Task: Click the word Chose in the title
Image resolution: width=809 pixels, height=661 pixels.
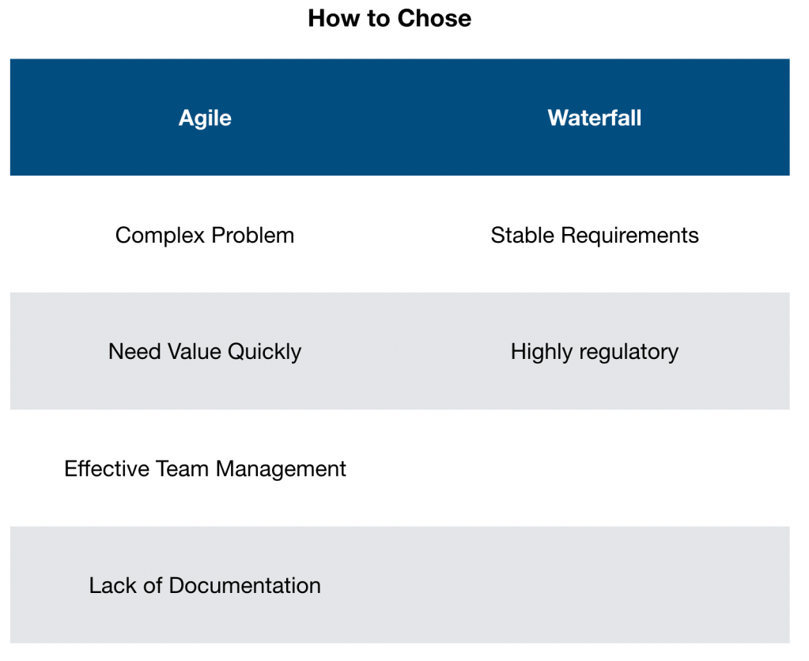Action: [434, 18]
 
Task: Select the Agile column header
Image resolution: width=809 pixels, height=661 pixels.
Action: [205, 118]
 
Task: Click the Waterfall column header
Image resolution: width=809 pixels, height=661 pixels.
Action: [595, 118]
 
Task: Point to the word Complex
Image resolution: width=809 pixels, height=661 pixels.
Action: [160, 236]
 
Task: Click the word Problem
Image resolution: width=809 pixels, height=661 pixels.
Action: [253, 236]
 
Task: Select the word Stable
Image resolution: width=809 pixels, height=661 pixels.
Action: [523, 236]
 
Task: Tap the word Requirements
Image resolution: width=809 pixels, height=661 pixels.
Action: [630, 236]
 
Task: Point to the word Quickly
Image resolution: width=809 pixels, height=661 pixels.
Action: [264, 353]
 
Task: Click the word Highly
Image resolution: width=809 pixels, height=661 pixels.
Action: [542, 353]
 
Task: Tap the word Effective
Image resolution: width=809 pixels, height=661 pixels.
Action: [107, 469]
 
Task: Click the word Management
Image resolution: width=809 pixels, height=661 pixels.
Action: [282, 470]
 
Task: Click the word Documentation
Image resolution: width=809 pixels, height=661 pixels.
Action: [245, 586]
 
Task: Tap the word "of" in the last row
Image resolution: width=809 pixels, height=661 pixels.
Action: [153, 586]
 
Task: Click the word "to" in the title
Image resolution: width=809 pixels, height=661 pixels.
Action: [380, 18]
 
